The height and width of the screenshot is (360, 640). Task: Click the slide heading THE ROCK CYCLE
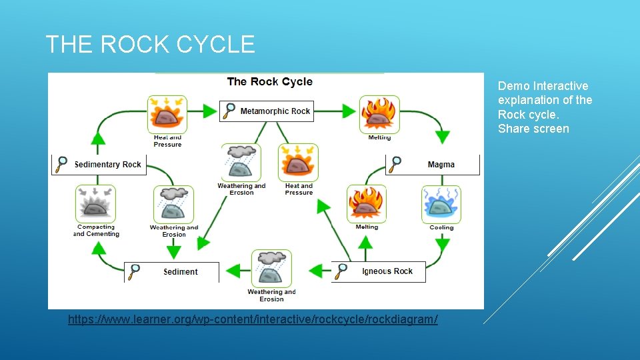[150, 45]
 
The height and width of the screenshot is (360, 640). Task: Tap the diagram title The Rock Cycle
[269, 81]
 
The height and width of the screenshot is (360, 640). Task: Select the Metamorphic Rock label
[275, 111]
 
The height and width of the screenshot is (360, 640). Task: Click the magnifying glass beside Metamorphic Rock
[229, 111]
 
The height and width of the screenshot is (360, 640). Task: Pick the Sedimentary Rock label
[107, 165]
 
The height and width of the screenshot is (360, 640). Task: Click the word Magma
[441, 165]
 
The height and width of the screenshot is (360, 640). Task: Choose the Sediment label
[181, 272]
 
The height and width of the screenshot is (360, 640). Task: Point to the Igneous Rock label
[387, 271]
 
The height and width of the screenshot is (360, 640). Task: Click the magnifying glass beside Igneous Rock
[341, 271]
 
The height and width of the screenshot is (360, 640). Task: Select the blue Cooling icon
[441, 204]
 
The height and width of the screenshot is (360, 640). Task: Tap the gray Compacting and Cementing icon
[95, 204]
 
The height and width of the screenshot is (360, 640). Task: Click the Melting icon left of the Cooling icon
[366, 204]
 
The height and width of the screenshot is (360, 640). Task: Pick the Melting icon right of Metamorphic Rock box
[379, 114]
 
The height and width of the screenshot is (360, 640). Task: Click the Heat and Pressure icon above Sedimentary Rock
[167, 114]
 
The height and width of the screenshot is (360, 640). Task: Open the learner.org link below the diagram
[253, 319]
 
